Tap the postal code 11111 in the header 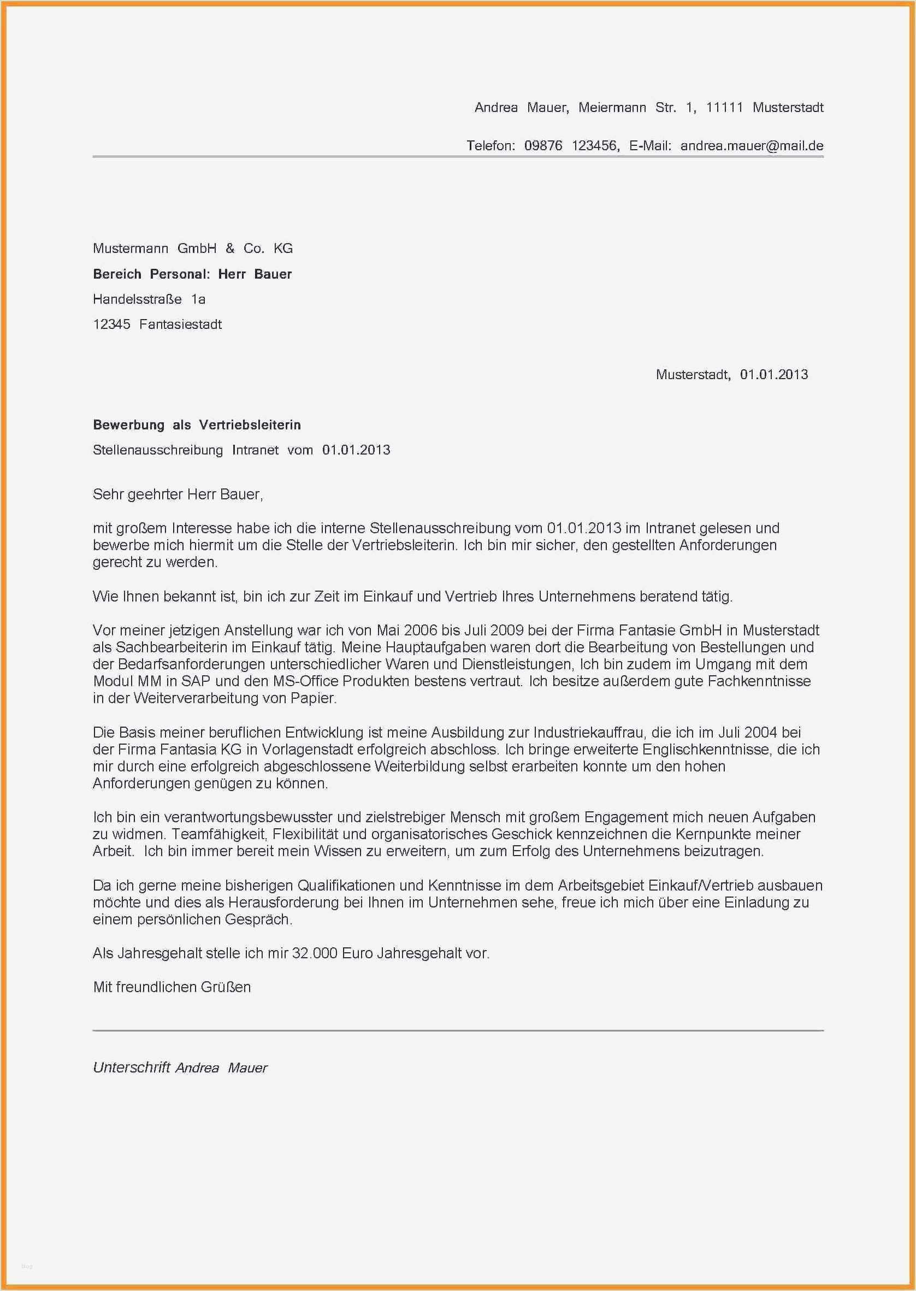[724, 107]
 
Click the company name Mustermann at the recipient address [131, 248]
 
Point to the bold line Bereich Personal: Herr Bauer [192, 274]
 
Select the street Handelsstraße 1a [149, 299]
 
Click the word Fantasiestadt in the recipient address [180, 325]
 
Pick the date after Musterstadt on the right [774, 374]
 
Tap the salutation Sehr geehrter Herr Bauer [178, 494]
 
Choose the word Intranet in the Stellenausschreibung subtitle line [255, 450]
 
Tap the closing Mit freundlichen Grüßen [172, 987]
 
